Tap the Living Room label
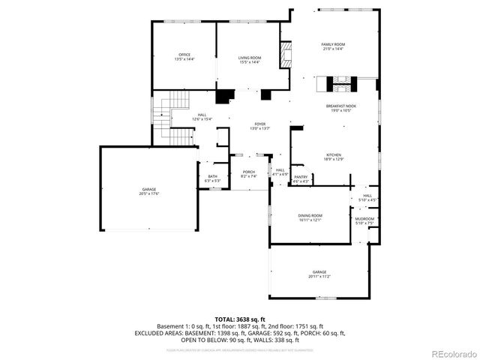(x=250, y=60)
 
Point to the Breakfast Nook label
(x=340, y=108)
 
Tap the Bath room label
(x=213, y=178)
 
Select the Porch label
(x=248, y=174)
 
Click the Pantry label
(x=301, y=178)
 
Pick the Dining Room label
(x=310, y=217)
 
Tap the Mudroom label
(x=364, y=220)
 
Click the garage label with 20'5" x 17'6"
(x=149, y=191)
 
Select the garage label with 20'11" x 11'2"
(x=320, y=274)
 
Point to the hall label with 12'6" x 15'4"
(x=202, y=116)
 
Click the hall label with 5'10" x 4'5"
(x=367, y=198)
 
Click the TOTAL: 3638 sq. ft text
(x=239, y=319)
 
